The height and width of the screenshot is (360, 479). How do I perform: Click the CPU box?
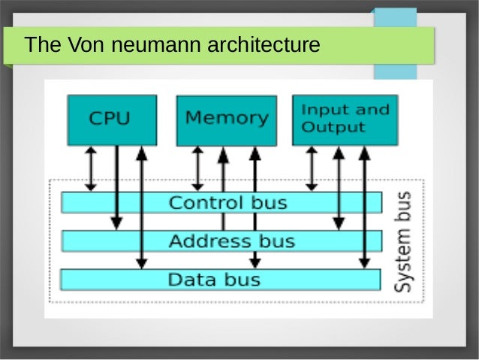coord(112,119)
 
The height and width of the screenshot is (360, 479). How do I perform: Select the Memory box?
coord(226,119)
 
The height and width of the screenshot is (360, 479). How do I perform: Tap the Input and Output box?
coord(345,119)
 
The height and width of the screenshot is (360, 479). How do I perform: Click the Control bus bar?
coord(221,203)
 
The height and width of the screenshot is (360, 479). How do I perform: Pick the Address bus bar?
coord(221,241)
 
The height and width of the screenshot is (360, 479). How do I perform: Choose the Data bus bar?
coord(221,280)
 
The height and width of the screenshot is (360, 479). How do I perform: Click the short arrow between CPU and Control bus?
coord(91,168)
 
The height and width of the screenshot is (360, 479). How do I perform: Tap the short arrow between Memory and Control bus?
coord(197,168)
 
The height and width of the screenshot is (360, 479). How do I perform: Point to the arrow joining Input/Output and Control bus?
coord(311,168)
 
